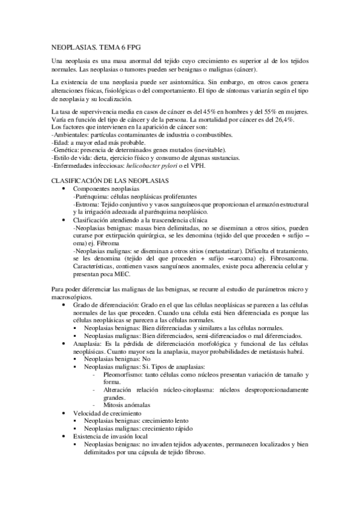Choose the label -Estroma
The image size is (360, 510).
86,204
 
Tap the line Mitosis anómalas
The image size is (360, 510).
127,405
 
